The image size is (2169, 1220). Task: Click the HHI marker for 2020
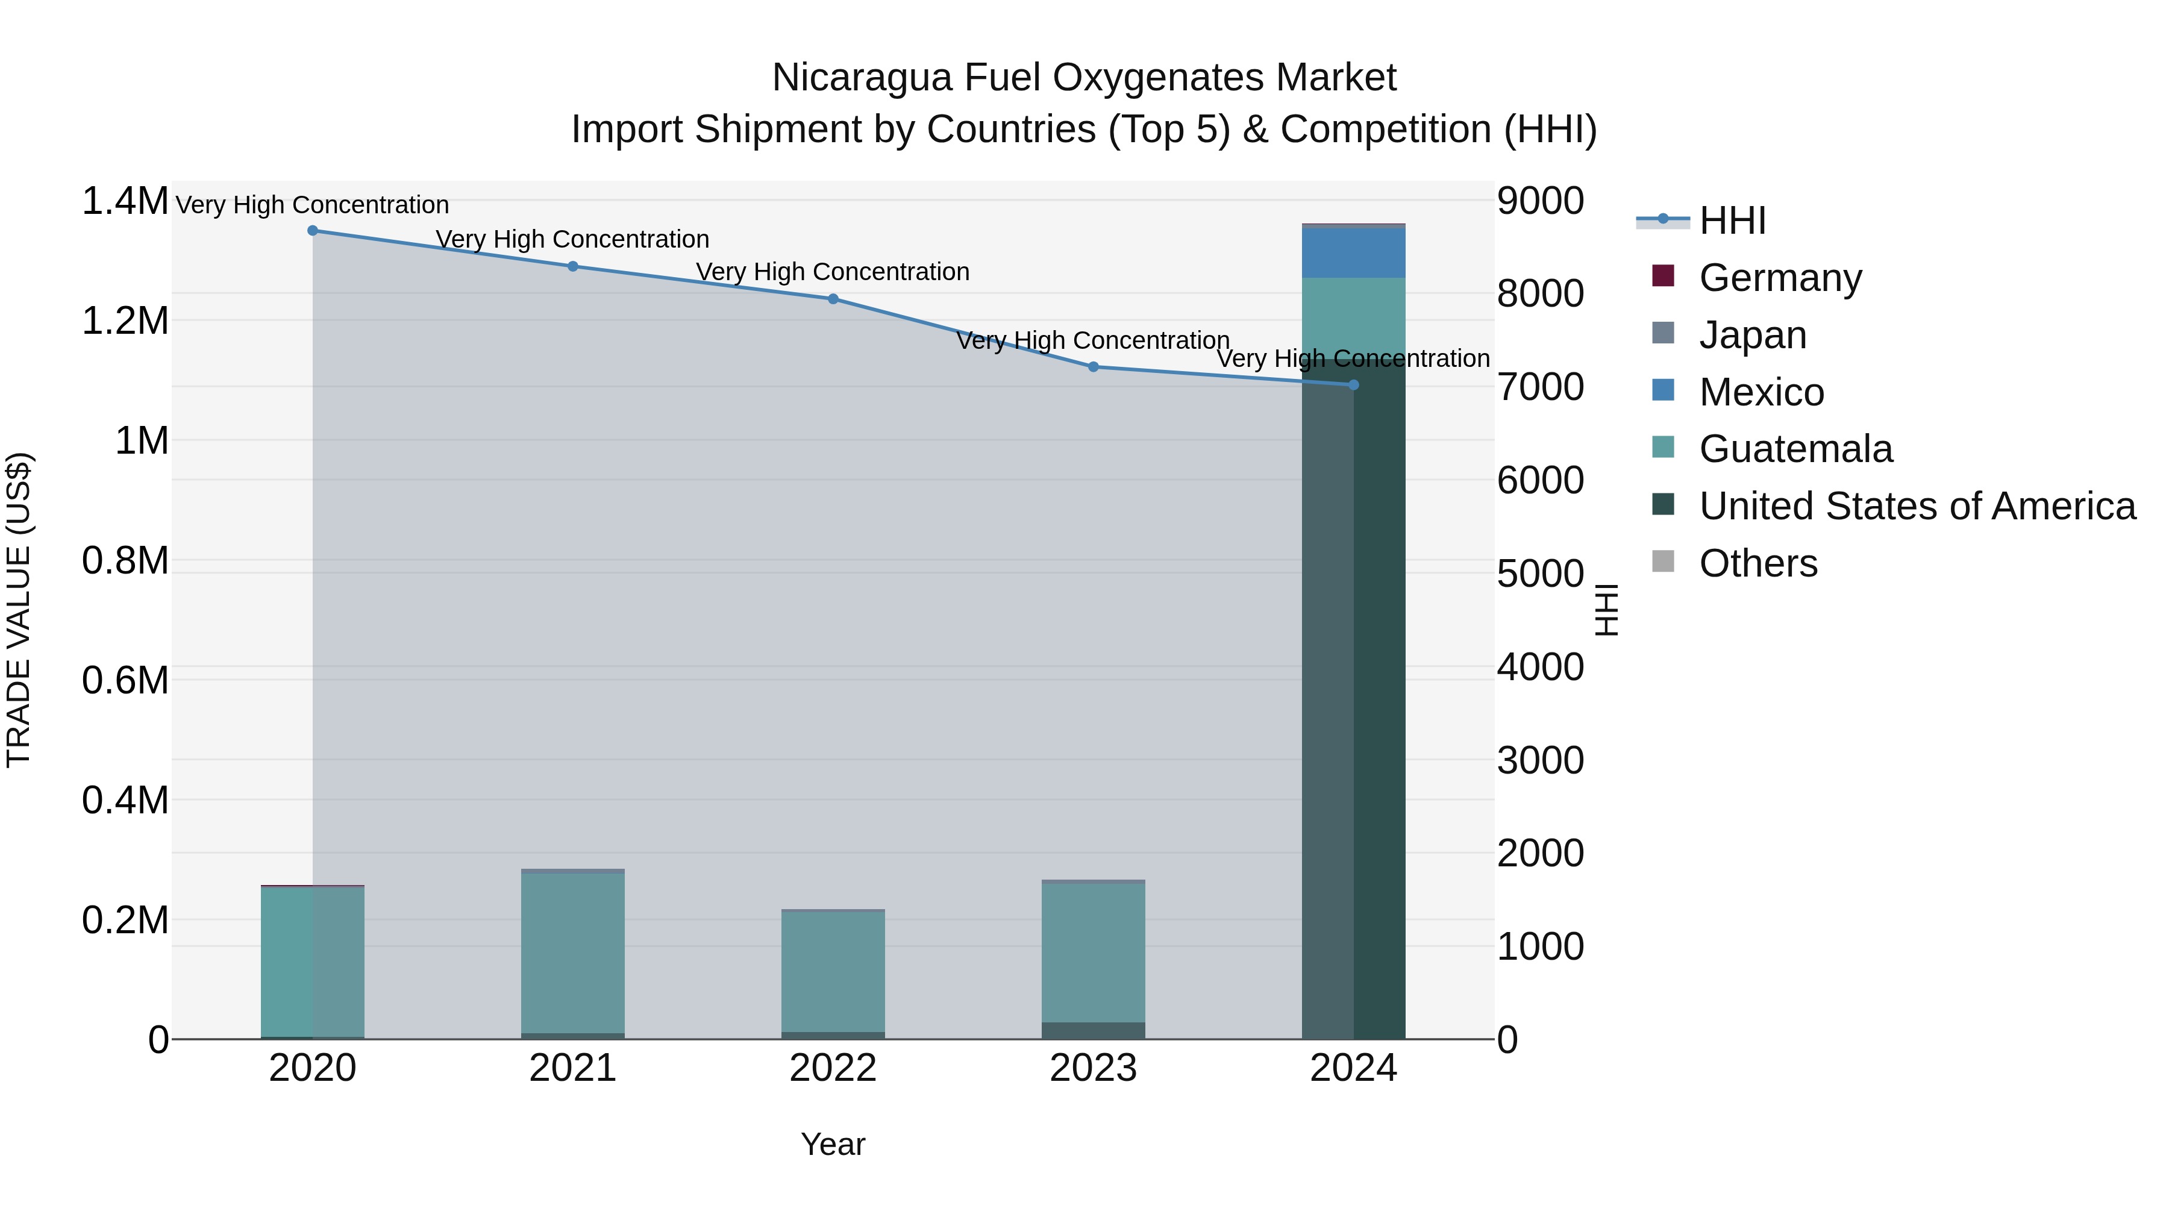pos(312,230)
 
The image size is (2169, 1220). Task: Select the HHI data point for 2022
pos(833,299)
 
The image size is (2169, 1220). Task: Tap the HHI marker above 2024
pos(1353,385)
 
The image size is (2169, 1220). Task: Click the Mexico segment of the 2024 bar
pos(1353,252)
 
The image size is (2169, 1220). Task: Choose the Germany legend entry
pos(1779,278)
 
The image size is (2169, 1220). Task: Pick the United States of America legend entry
pos(1917,506)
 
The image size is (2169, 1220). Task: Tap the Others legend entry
pos(1757,563)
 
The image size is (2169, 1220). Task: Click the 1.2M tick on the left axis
pos(125,321)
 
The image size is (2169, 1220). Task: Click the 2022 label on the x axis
pos(833,1068)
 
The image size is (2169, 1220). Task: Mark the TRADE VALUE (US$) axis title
pos(19,610)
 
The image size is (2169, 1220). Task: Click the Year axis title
pos(833,1144)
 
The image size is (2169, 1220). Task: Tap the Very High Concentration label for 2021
pos(572,239)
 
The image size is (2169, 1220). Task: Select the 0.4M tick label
pos(125,800)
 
